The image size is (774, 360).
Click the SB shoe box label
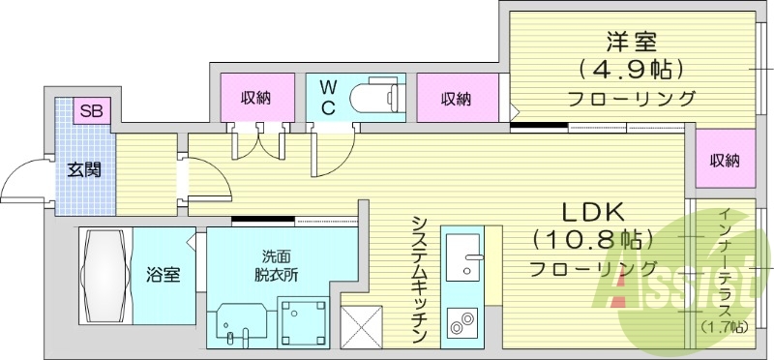(92, 110)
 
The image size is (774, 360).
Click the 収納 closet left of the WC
(255, 98)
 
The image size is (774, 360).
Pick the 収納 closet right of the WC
(456, 99)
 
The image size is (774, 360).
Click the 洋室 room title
(631, 42)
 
